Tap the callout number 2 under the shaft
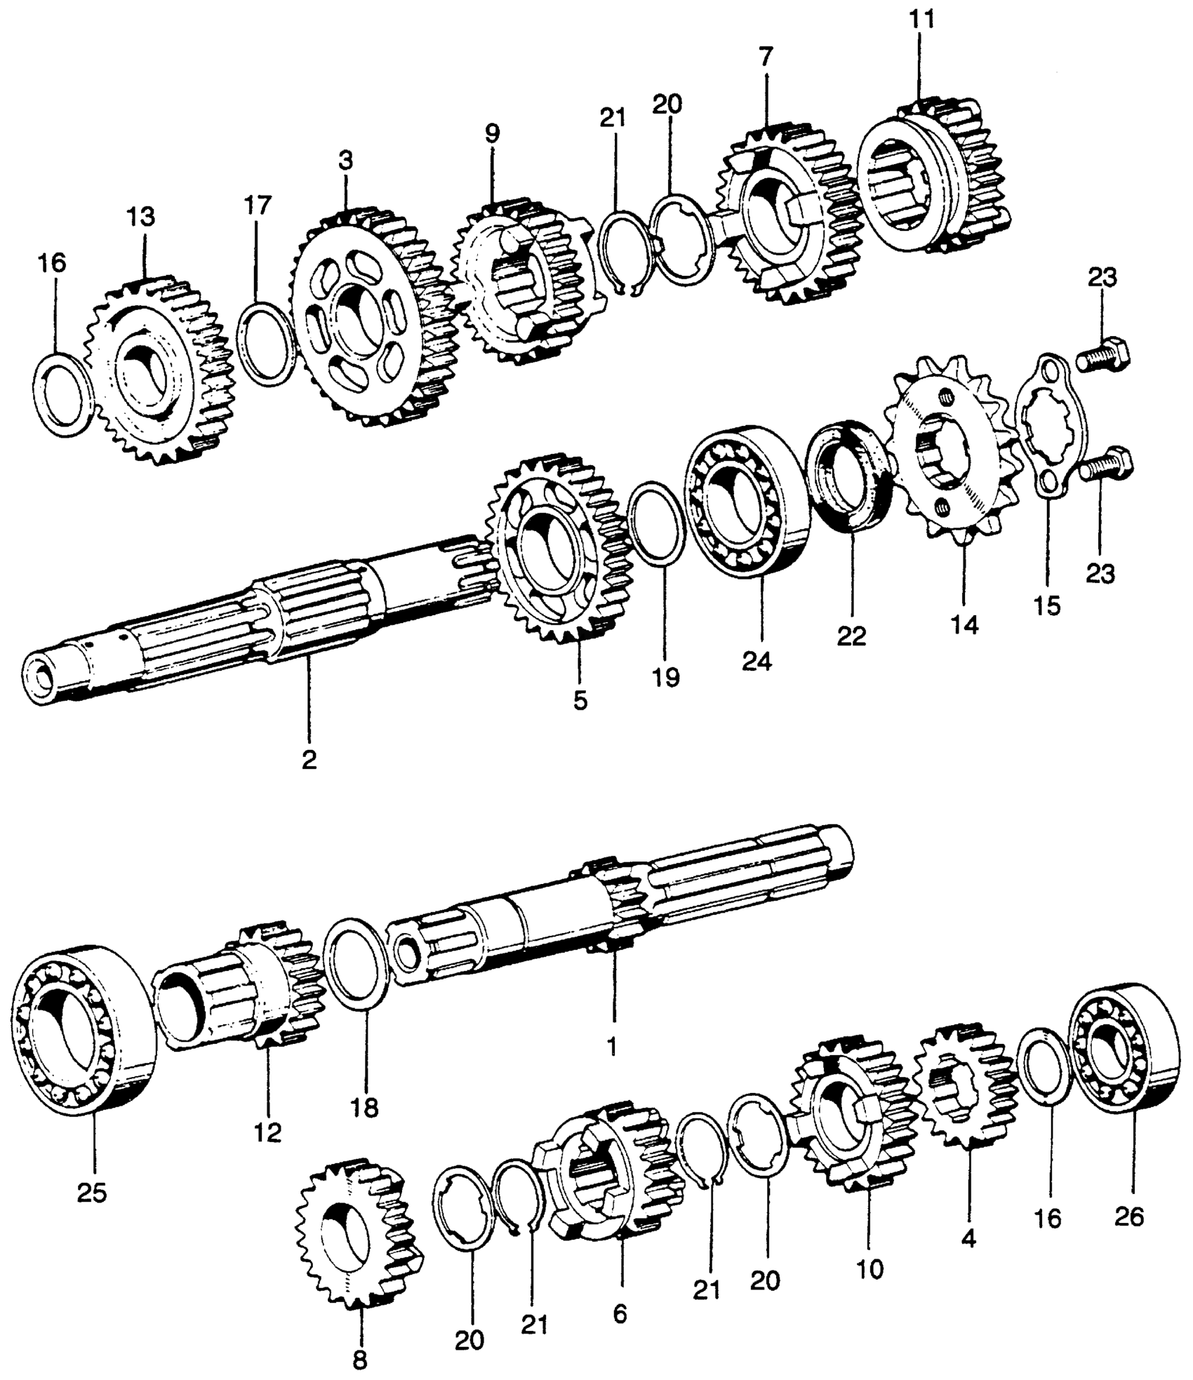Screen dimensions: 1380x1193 click(x=309, y=760)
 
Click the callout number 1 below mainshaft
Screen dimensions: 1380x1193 click(x=611, y=1047)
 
